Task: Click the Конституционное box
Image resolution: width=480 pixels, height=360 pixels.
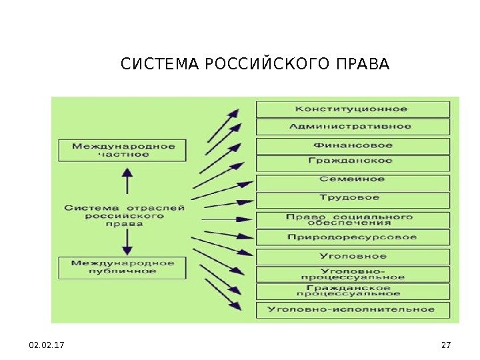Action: [x=353, y=109]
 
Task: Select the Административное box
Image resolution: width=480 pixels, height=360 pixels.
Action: [x=353, y=127]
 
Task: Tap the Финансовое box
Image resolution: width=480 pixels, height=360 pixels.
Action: [x=353, y=145]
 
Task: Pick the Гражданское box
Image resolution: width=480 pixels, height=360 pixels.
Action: [x=353, y=161]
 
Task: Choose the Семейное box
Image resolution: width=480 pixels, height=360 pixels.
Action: [x=353, y=180]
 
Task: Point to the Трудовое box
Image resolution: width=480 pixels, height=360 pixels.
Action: [x=353, y=198]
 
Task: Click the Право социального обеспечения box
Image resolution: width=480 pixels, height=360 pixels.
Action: [x=353, y=220]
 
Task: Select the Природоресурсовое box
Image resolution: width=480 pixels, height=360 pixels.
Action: [x=353, y=237]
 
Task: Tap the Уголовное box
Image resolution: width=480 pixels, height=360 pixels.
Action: [x=353, y=256]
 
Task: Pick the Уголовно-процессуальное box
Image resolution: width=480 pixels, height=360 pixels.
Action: [x=353, y=274]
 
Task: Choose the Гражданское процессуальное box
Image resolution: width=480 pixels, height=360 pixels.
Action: [x=353, y=291]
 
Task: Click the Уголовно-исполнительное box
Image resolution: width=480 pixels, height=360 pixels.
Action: [x=353, y=309]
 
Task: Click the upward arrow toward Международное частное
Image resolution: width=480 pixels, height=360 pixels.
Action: [x=124, y=181]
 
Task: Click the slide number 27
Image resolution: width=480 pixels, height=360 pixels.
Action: [x=446, y=345]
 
